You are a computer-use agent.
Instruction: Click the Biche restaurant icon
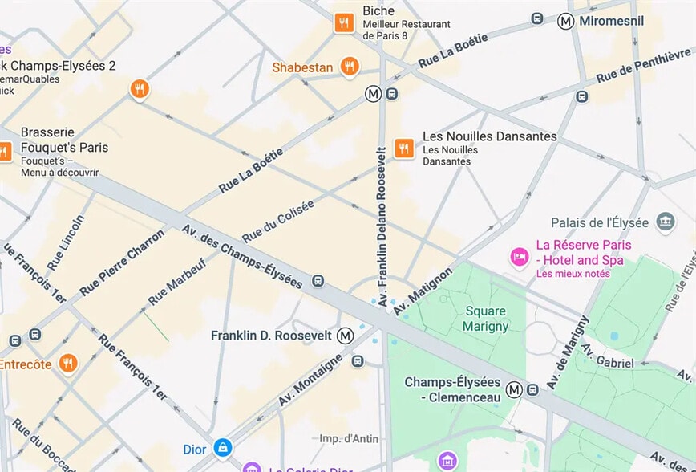click(x=344, y=23)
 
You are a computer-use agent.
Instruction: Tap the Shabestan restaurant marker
click(x=349, y=67)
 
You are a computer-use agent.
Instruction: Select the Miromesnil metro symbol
click(x=566, y=22)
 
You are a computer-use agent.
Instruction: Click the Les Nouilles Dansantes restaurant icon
click(x=403, y=148)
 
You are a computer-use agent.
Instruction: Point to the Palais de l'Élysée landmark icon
click(x=665, y=222)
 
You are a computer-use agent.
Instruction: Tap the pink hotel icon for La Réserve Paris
click(x=520, y=257)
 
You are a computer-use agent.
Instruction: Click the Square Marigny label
click(x=485, y=319)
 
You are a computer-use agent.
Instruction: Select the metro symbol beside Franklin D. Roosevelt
click(x=346, y=335)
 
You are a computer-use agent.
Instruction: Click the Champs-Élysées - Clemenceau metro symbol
click(x=514, y=389)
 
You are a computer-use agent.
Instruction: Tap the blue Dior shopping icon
click(x=223, y=448)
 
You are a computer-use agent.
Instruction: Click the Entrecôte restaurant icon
click(x=68, y=364)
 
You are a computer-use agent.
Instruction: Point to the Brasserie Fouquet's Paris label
click(x=64, y=140)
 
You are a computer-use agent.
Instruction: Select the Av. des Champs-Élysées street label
click(x=241, y=255)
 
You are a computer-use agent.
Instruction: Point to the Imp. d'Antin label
click(x=349, y=438)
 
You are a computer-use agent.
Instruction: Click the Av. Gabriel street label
click(x=607, y=357)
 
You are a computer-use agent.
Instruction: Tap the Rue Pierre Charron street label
click(x=122, y=262)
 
